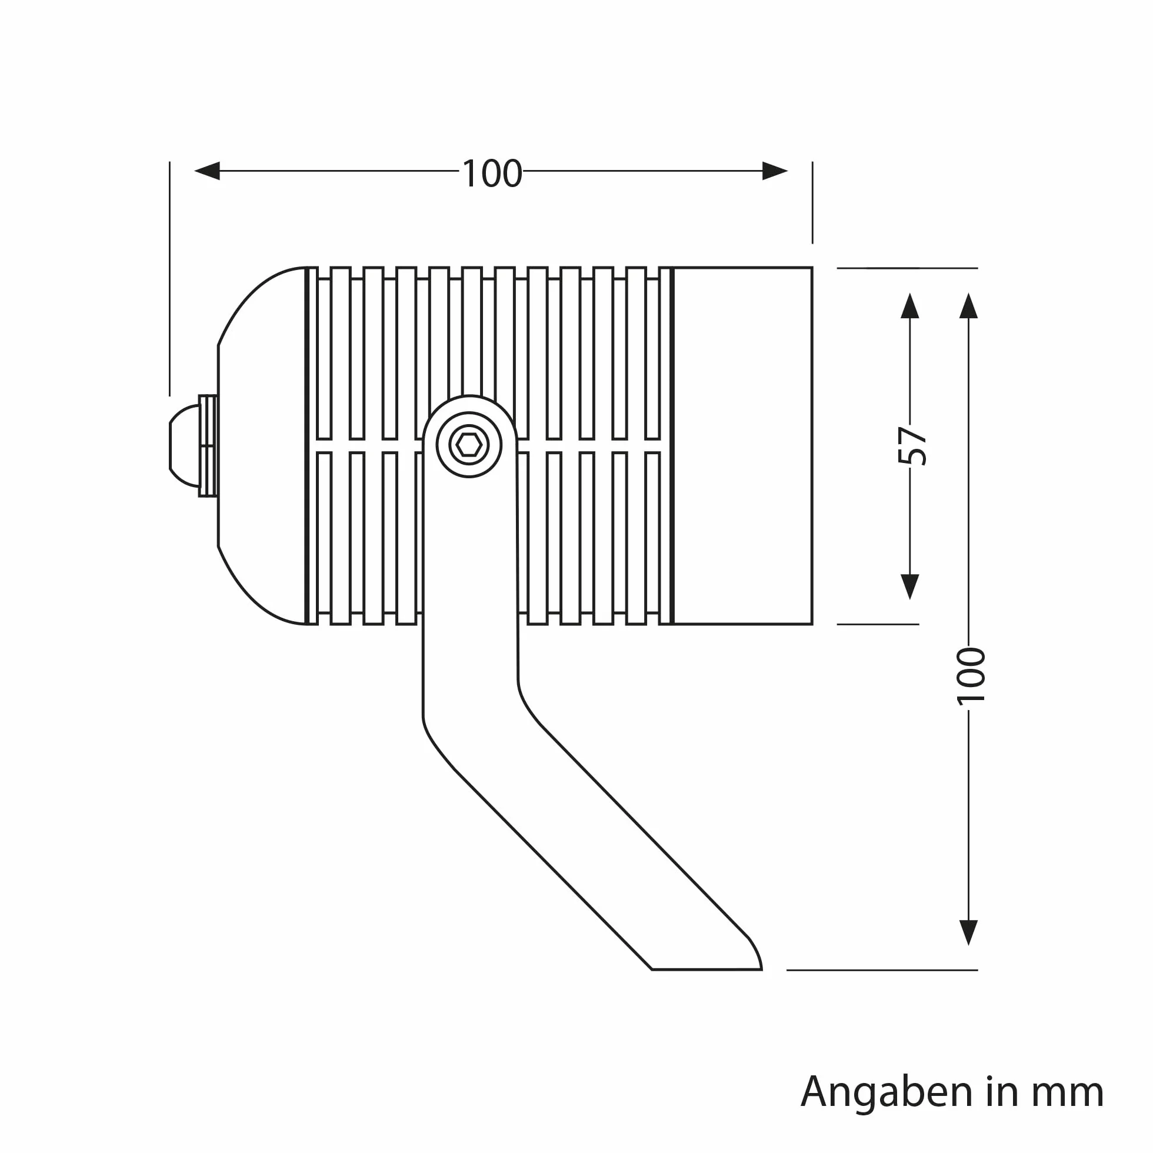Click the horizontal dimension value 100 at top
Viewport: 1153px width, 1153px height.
pos(492,174)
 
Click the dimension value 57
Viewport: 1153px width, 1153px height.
pos(912,445)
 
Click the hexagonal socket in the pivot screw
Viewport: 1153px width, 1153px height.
pos(469,445)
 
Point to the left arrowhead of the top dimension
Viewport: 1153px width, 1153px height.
pos(207,171)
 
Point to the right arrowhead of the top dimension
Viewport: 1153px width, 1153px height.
pos(775,171)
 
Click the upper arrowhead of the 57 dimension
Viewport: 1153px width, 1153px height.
pos(909,305)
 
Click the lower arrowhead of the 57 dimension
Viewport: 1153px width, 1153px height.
pos(909,587)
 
